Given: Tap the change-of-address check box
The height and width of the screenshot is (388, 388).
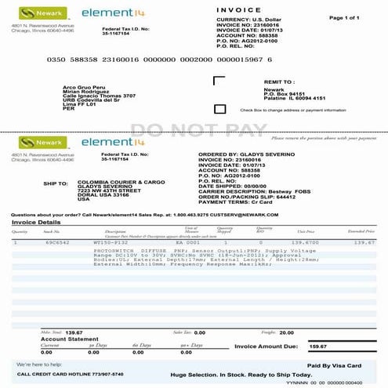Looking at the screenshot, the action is tap(219, 109).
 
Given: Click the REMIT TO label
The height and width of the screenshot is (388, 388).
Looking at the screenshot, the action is tap(278, 82).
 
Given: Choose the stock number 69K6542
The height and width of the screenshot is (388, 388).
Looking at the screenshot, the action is tap(51, 243).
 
